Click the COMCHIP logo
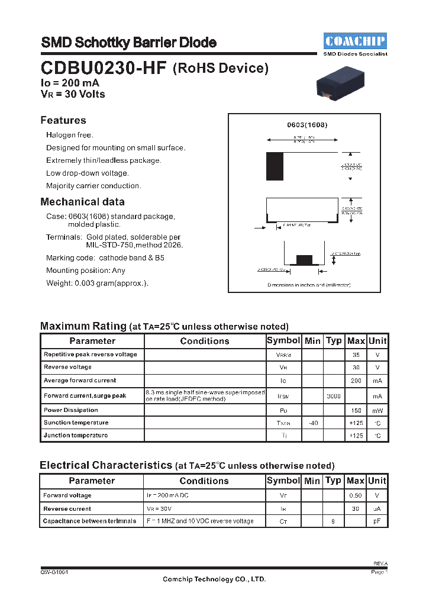355,41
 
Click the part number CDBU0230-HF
104,68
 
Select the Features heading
63,120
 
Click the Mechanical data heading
82,202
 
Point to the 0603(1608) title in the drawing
307,125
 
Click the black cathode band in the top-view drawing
275,166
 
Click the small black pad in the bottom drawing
304,259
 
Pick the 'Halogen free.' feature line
70,136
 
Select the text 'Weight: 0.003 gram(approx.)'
98,284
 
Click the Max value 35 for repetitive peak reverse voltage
356,355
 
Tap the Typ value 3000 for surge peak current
334,396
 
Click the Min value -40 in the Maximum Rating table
312,423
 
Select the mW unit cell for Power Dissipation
377,410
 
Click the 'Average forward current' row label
80,381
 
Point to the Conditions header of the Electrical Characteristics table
204,481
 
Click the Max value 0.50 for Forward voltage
356,495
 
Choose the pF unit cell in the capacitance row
377,521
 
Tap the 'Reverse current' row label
67,508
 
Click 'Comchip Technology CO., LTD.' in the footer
214,579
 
